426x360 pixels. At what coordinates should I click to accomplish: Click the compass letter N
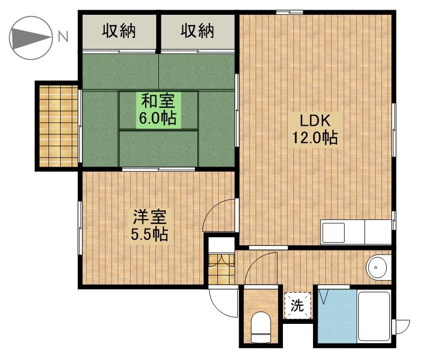click(63, 37)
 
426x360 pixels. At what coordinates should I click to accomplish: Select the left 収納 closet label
click(119, 31)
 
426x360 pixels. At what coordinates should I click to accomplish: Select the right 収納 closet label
click(197, 31)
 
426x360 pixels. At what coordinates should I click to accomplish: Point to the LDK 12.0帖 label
click(315, 129)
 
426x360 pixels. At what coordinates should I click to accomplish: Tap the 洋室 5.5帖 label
click(150, 225)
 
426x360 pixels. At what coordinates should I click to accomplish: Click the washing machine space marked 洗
click(297, 306)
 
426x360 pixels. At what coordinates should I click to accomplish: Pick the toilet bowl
click(261, 327)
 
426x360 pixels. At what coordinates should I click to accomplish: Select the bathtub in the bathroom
click(374, 316)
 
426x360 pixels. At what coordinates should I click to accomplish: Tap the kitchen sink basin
click(333, 233)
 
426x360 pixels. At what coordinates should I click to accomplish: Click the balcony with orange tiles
click(59, 126)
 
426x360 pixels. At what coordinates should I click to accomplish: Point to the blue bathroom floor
click(337, 317)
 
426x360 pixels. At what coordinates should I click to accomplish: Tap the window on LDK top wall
click(290, 12)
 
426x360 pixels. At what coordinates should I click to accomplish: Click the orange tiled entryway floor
click(221, 269)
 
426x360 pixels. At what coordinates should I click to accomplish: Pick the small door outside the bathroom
click(402, 327)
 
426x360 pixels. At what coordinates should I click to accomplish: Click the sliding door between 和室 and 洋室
click(158, 169)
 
